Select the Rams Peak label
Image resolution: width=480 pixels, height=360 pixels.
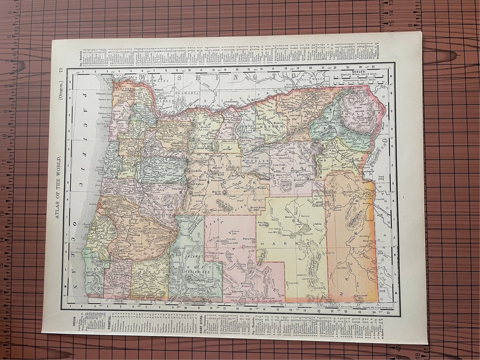[x=249, y=238]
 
